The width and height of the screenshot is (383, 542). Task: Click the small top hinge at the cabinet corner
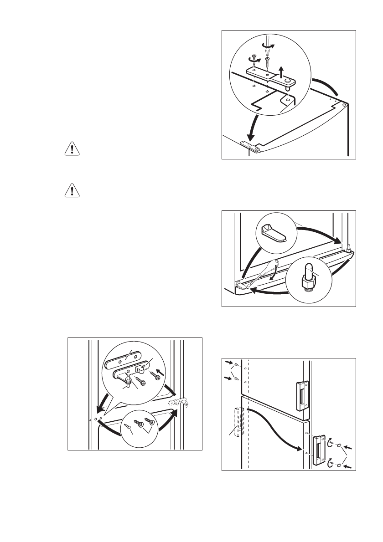coord(250,147)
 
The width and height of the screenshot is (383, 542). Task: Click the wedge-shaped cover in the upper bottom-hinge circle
coord(274,233)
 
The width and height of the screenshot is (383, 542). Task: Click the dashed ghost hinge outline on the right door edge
coord(180,404)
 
